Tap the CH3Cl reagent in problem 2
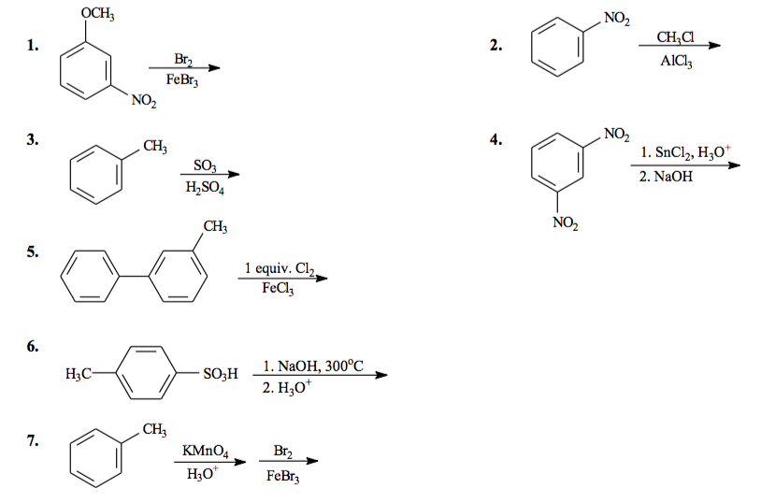tap(675, 37)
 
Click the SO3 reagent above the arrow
tap(204, 165)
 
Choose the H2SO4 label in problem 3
tap(204, 187)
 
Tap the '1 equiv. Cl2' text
tap(279, 269)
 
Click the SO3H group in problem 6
tap(221, 373)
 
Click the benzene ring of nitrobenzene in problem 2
tap(558, 50)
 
